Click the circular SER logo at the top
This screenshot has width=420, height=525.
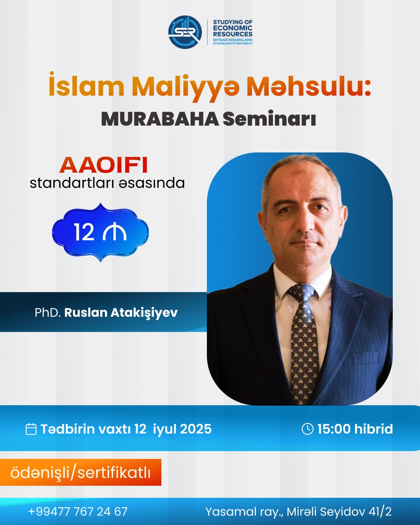coord(185,32)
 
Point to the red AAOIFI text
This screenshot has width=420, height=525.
coord(104,165)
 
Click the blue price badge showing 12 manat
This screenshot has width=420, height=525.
coord(100,233)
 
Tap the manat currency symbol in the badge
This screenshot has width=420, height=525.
coord(115,233)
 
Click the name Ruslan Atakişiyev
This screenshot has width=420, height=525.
coord(121,312)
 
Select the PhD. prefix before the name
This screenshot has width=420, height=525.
coord(47,312)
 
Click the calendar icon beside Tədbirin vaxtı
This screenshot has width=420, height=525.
coord(31,429)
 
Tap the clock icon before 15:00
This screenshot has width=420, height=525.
coord(307,429)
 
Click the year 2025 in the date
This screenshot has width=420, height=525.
coord(196,429)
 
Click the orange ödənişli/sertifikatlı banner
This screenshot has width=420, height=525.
coord(80,472)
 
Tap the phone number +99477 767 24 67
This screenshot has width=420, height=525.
coord(78,511)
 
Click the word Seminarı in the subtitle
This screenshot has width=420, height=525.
coord(269,119)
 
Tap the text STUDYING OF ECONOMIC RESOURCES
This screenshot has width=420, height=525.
coord(233,28)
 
